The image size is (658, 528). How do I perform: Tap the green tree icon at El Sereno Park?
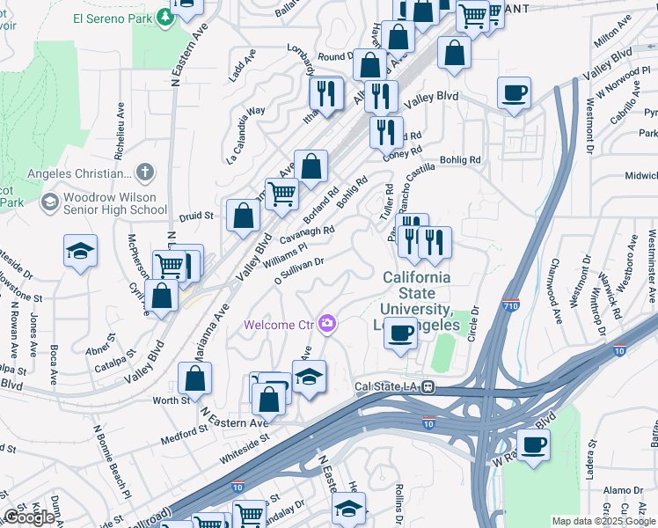point(164,17)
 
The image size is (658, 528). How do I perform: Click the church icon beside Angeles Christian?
point(145,172)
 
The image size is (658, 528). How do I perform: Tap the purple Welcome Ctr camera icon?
point(328,325)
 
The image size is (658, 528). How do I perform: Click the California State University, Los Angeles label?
point(416,301)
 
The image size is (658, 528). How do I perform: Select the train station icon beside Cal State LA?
point(427,386)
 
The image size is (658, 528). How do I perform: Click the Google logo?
point(30,517)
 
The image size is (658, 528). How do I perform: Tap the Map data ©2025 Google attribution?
point(603,521)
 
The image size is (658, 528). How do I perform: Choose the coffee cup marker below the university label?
point(401,334)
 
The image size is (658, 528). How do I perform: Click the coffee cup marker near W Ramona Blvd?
point(533,444)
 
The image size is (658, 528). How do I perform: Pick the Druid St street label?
point(197,215)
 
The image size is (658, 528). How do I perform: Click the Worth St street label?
point(172,400)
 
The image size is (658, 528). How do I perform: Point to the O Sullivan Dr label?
point(299,270)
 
